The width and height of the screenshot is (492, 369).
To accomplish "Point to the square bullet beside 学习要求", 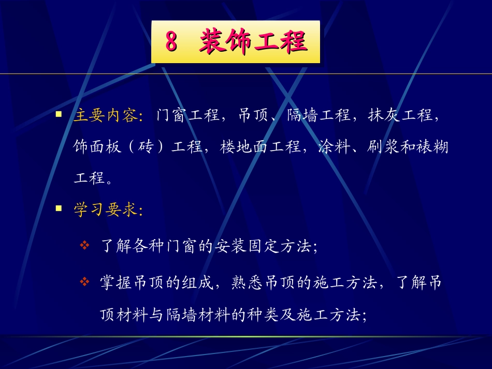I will pos(59,209).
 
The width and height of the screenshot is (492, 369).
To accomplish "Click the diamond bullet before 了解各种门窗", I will pos(85,244).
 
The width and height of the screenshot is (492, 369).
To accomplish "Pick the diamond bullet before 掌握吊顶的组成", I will pos(85,282).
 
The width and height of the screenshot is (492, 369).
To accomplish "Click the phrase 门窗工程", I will pos(187,115).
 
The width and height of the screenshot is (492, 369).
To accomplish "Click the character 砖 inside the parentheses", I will pos(147,147).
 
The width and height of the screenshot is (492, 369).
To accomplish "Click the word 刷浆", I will pos(375,147).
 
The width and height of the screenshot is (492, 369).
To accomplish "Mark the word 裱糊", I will pos(432,147).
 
